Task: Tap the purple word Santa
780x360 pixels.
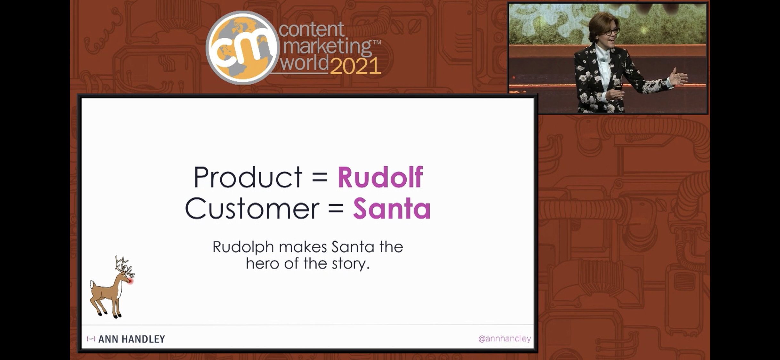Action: [x=392, y=209]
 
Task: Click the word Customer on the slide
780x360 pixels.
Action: [x=252, y=209]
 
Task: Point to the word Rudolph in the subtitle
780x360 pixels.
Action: [x=243, y=247]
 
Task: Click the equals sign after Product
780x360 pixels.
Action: [x=320, y=178]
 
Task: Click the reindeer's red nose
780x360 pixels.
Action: [x=130, y=281]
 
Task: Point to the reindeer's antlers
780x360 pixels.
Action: [x=125, y=266]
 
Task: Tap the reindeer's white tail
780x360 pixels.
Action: [x=93, y=284]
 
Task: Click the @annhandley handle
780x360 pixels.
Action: [x=504, y=339]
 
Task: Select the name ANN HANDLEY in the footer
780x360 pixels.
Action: [x=132, y=339]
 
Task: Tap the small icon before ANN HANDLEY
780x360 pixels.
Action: [x=91, y=339]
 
